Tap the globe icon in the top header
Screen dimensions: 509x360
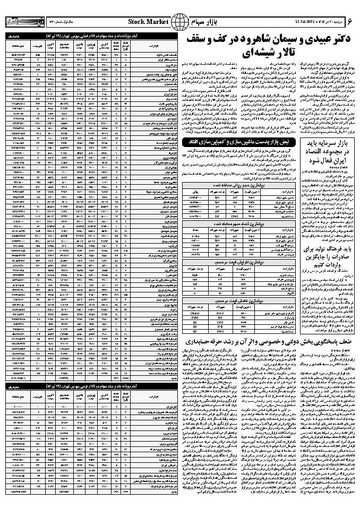[182, 21]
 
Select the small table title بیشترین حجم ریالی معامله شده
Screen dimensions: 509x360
[236, 180]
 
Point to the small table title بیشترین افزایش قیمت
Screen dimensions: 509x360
[236, 262]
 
